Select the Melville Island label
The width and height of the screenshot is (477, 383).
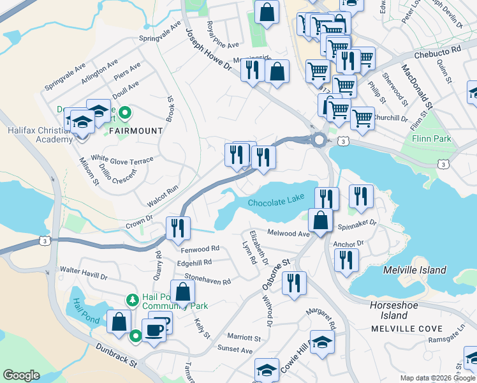click(415, 270)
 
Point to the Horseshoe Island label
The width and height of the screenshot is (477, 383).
click(389, 310)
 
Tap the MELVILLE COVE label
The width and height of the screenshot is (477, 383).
click(397, 328)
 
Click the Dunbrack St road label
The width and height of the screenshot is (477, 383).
click(117, 356)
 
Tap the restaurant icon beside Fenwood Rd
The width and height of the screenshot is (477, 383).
click(177, 228)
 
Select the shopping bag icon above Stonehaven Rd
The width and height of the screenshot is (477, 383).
click(182, 292)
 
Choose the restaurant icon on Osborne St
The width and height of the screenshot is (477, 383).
click(294, 283)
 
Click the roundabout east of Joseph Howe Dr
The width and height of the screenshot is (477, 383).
click(318, 140)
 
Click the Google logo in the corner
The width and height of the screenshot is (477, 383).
click(21, 375)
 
